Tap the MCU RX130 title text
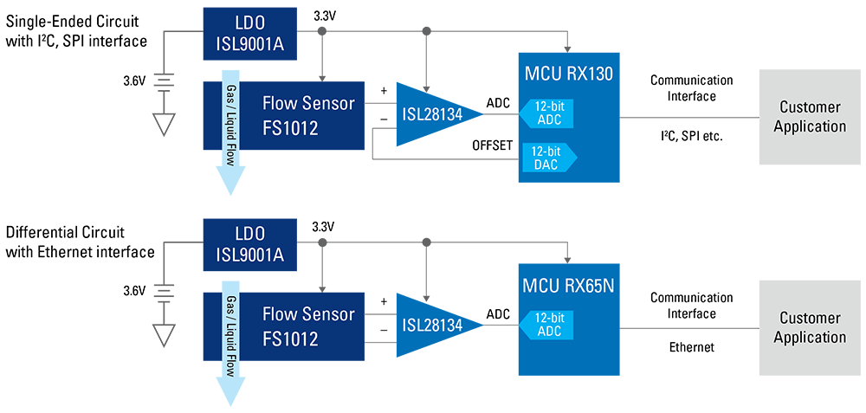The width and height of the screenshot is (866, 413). point(568,74)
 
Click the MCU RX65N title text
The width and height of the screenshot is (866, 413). point(568,284)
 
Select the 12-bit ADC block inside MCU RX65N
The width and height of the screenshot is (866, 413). point(547,324)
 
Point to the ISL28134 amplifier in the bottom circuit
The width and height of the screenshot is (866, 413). point(432,325)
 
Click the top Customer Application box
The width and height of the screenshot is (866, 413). point(810,117)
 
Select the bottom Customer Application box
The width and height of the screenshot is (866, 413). point(810,327)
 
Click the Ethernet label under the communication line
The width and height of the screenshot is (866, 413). point(691,347)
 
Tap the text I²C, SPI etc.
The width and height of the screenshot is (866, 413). point(691,136)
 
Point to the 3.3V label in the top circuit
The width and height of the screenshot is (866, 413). point(322,15)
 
